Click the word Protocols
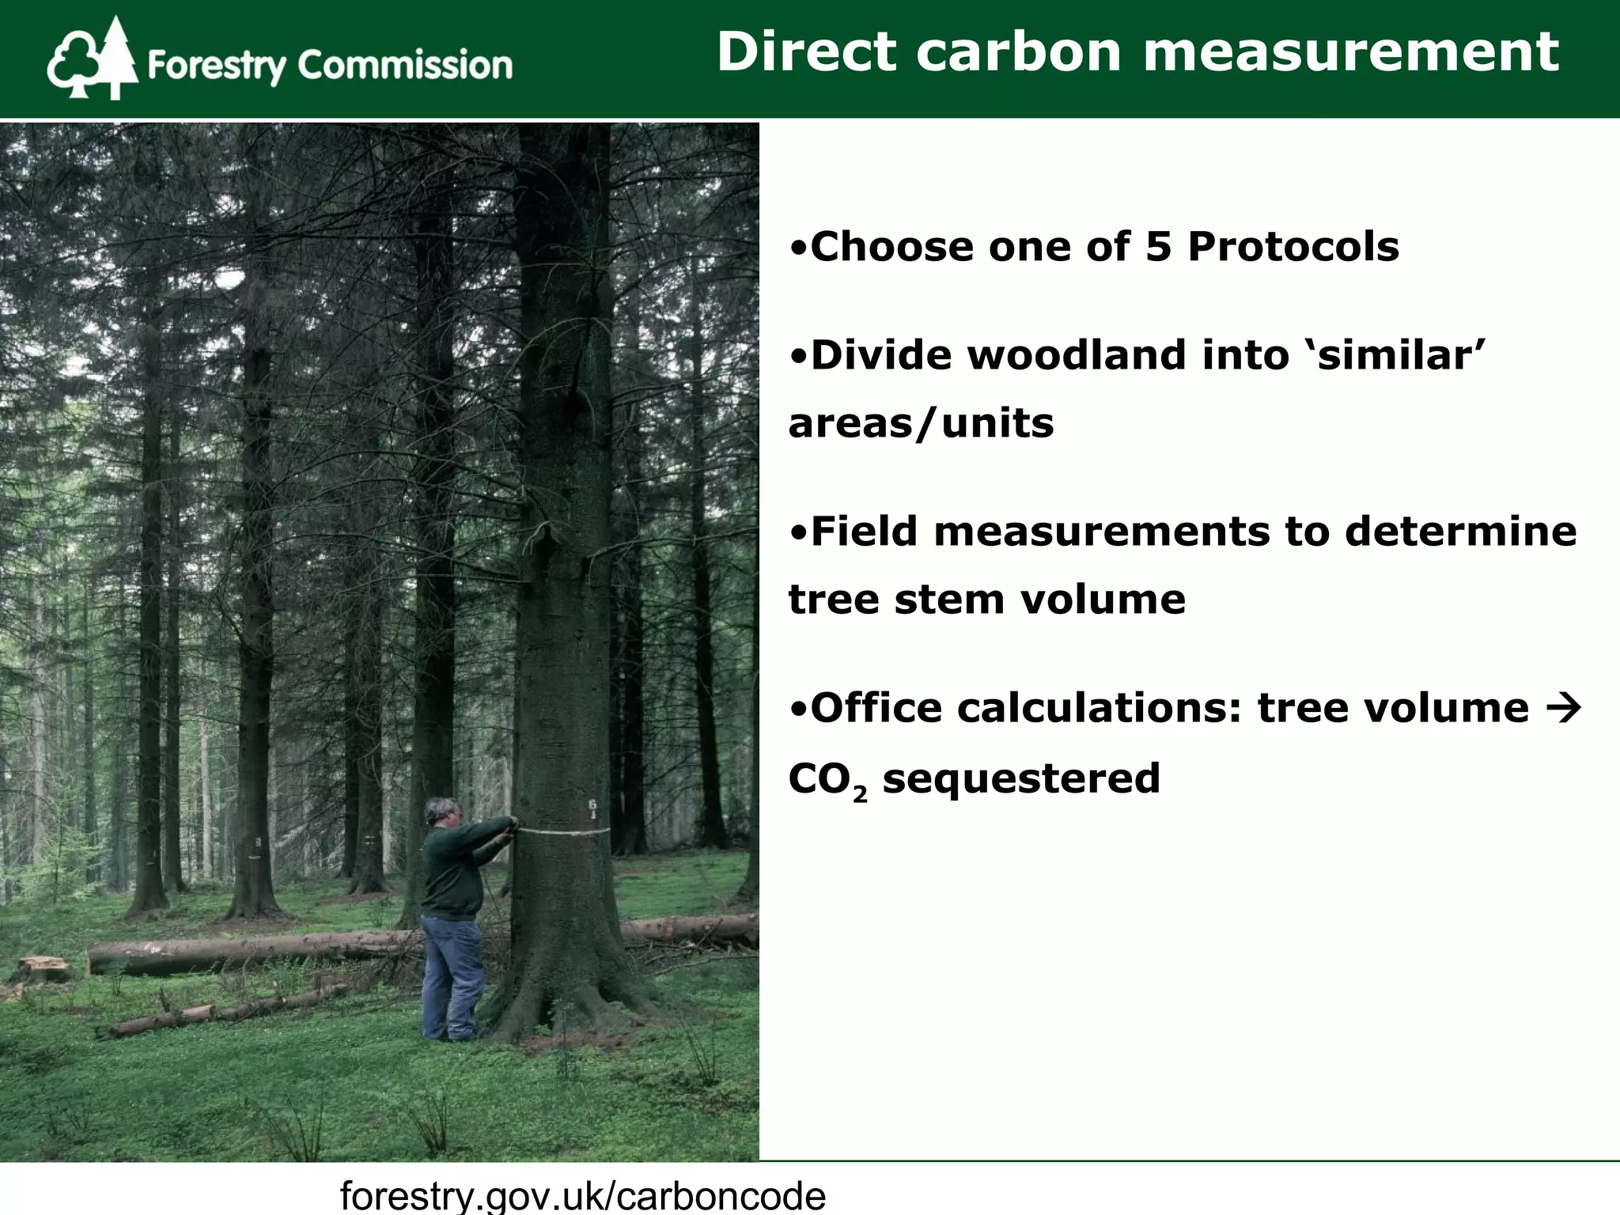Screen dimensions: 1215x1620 pos(1293,247)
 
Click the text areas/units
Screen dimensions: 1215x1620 pos(921,423)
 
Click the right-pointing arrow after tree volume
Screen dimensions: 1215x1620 pos(1561,707)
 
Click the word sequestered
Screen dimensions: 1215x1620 pos(1020,778)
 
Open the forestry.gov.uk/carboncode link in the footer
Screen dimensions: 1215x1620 pos(582,1194)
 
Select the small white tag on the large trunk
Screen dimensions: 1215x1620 pos(593,808)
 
